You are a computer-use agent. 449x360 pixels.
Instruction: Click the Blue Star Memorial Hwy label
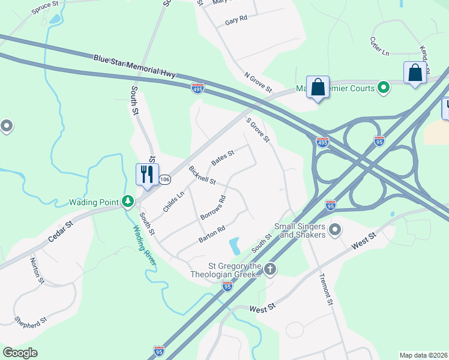click(134, 66)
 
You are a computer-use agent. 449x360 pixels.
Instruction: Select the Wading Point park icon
click(127, 202)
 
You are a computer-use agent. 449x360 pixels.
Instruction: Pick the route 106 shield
click(166, 179)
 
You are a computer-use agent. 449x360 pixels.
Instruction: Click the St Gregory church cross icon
click(270, 269)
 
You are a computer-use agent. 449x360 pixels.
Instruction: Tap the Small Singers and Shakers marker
click(335, 230)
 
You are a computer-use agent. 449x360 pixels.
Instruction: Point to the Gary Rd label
click(236, 20)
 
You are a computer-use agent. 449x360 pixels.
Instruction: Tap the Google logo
click(20, 352)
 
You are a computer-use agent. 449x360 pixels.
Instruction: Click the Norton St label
click(37, 271)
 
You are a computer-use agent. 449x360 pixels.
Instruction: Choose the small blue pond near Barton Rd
click(234, 245)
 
